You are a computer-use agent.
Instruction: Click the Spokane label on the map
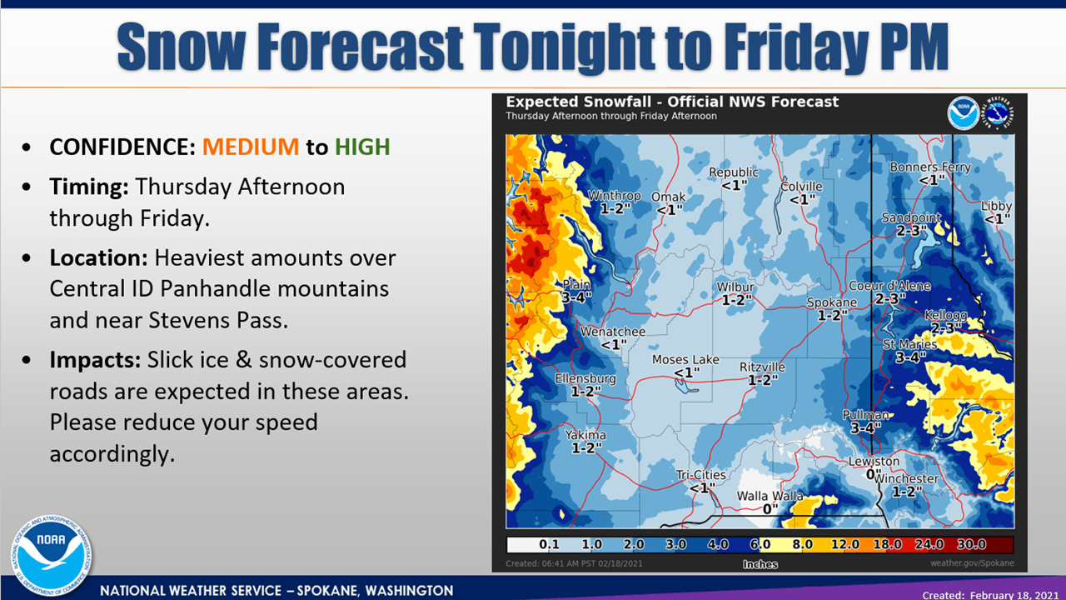[x=832, y=302]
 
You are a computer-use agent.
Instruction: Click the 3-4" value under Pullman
[x=866, y=427]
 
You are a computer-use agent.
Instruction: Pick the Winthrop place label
[x=615, y=196]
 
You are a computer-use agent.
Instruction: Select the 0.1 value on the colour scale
[x=549, y=544]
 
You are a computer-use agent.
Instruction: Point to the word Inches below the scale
[x=760, y=564]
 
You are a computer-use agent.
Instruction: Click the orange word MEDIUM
[x=250, y=147]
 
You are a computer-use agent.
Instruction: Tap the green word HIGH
[x=362, y=147]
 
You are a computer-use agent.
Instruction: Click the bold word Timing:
[x=88, y=186]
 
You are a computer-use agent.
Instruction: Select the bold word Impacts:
[x=95, y=360]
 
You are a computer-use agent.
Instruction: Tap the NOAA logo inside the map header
[x=963, y=113]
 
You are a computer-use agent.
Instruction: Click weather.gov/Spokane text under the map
[x=972, y=564]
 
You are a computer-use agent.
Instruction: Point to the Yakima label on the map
[x=585, y=435]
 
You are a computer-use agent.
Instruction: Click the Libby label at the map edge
[x=996, y=206]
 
